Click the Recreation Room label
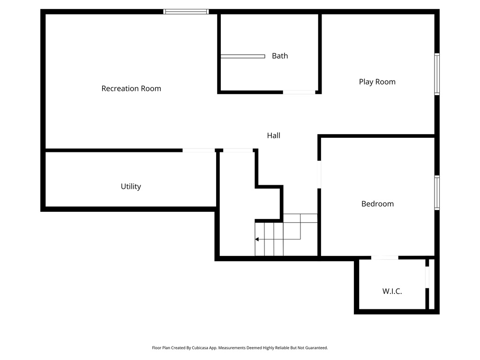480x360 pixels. click(131, 89)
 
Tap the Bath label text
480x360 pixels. click(280, 56)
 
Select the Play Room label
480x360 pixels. click(377, 82)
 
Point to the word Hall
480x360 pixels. click(274, 135)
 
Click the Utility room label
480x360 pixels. click(131, 187)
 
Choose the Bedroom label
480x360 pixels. click(377, 204)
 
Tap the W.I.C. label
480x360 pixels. click(392, 291)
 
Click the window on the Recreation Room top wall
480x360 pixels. click(186, 12)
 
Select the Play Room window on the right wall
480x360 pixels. click(437, 74)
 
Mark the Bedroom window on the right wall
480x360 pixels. click(437, 192)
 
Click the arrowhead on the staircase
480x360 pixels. click(257, 239)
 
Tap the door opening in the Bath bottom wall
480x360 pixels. click(299, 92)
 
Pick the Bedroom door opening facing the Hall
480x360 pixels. click(319, 174)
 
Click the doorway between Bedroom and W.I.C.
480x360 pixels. click(385, 257)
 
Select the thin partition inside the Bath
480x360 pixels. click(243, 56)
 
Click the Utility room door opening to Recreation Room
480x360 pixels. click(199, 150)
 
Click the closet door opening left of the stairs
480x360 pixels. click(238, 150)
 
